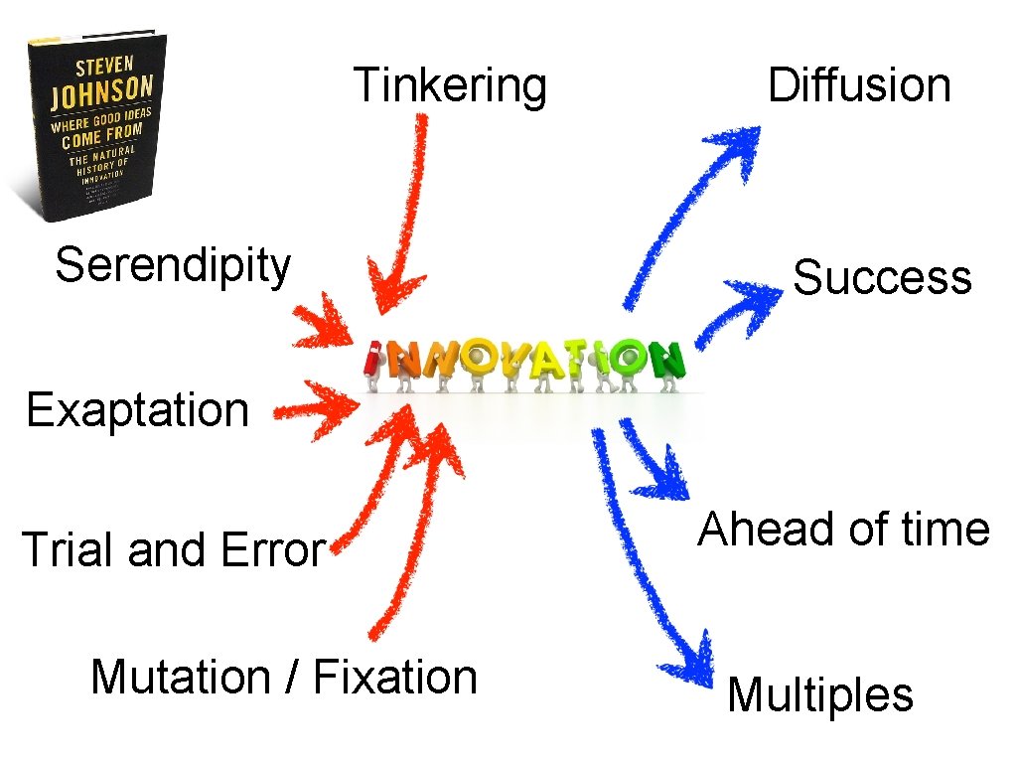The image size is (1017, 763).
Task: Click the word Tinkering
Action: click(x=450, y=85)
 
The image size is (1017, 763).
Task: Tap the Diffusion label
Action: click(x=859, y=85)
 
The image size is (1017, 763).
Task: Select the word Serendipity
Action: click(x=173, y=266)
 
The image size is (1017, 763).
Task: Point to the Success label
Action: click(x=882, y=277)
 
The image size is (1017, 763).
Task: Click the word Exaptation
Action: click(x=137, y=410)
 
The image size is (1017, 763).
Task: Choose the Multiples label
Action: click(x=819, y=694)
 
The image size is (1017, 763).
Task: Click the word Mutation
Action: click(x=180, y=678)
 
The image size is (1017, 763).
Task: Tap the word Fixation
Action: click(x=395, y=678)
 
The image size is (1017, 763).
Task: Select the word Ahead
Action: click(x=761, y=530)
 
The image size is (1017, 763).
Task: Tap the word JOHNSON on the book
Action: click(x=102, y=91)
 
